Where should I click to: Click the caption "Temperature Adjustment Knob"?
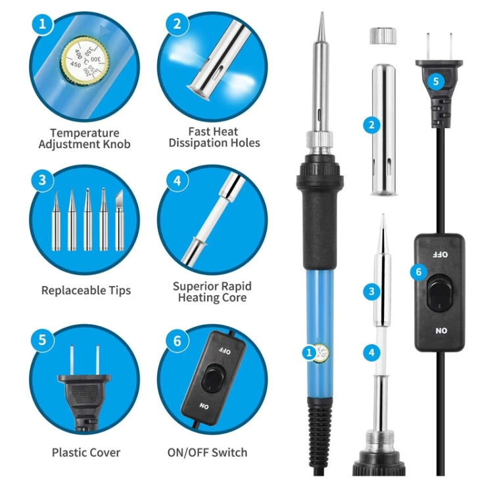pyautogui.click(x=84, y=138)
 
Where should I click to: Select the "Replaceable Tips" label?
pyautogui.click(x=85, y=290)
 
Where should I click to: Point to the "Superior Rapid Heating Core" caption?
pyautogui.click(x=212, y=292)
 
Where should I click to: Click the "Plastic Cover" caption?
pyautogui.click(x=86, y=452)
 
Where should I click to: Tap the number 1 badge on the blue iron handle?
pyautogui.click(x=309, y=353)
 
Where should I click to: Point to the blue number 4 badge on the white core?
pyautogui.click(x=372, y=353)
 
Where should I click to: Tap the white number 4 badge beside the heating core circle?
pyautogui.click(x=177, y=180)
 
